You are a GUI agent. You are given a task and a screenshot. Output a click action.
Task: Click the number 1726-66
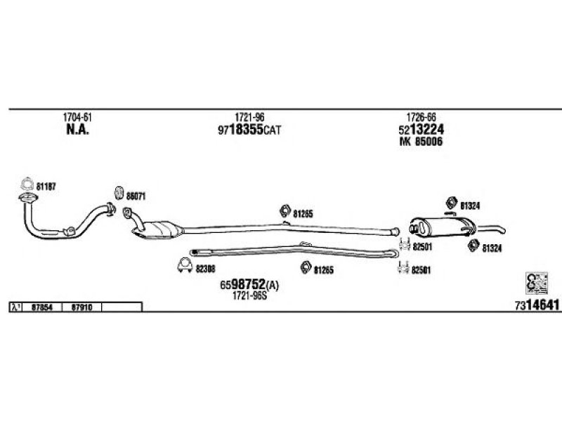(x=421, y=118)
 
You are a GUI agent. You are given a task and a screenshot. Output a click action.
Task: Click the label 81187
(x=46, y=186)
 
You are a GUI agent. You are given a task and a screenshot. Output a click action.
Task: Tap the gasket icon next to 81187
(x=27, y=186)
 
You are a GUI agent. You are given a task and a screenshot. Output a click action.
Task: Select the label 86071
(x=136, y=196)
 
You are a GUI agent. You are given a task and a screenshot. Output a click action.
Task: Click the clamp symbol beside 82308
(x=183, y=267)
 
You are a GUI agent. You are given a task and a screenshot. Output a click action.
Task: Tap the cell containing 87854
(x=42, y=307)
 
